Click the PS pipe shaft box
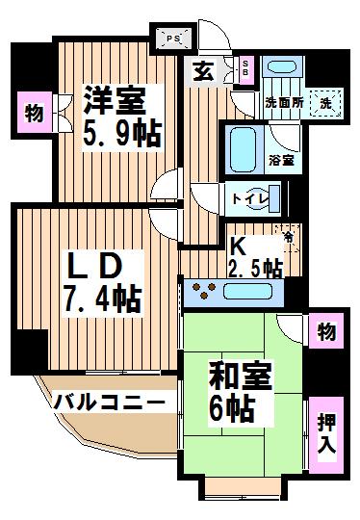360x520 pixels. point(173,39)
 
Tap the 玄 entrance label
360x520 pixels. point(203,71)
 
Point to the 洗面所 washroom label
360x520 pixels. point(284,103)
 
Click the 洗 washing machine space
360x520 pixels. point(325,103)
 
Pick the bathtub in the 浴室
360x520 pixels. point(243,149)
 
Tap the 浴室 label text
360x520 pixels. point(281,161)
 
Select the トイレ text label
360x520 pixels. point(249,199)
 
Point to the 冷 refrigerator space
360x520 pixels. point(289,237)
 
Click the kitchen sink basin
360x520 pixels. point(248,292)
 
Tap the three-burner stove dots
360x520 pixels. point(203,291)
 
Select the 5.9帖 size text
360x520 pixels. point(122,134)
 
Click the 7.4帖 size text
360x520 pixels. point(103,299)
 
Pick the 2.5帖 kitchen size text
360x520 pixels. point(256,268)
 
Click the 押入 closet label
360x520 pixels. point(326,433)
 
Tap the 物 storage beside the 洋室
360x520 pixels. point(35,113)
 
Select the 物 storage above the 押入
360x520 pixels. point(326,331)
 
